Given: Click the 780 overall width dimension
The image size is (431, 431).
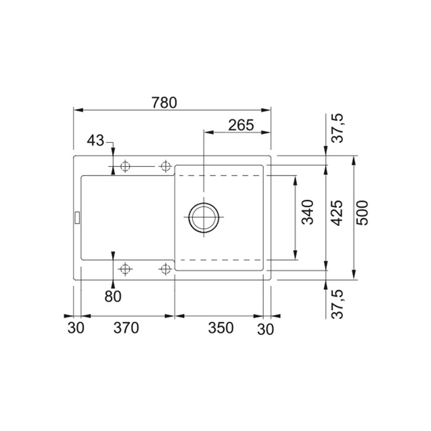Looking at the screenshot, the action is click(164, 103).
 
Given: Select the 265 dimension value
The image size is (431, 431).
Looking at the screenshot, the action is click(241, 126).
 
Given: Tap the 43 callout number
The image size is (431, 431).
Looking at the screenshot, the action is click(95, 140).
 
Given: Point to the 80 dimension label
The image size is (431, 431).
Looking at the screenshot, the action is click(113, 296).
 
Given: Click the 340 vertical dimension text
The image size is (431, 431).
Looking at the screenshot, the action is click(308, 212).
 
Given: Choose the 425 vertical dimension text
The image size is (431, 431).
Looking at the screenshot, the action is click(337, 213).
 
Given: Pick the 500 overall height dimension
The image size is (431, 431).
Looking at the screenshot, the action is click(362, 213).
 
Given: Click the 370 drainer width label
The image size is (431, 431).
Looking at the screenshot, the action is click(126, 328).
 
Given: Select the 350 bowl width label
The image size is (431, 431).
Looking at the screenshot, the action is click(220, 328).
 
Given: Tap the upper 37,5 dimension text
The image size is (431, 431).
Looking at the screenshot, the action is click(337, 128).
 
